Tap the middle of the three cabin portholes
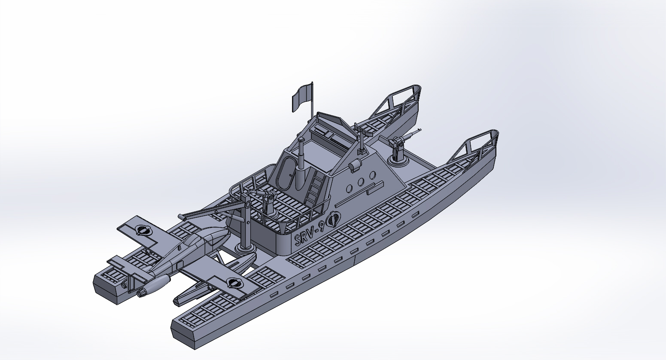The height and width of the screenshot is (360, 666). (x=361, y=182)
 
